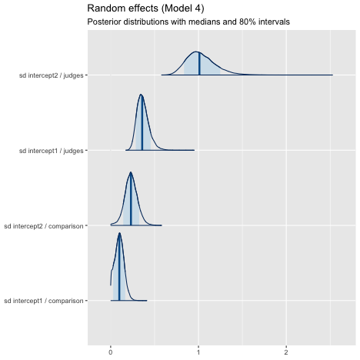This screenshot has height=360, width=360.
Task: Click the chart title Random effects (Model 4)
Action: (145, 8)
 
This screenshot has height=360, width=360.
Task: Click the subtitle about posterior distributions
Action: (188, 22)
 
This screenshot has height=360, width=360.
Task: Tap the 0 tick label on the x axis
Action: (111, 352)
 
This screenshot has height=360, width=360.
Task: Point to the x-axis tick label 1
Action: (198, 352)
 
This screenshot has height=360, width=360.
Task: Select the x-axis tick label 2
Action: (286, 352)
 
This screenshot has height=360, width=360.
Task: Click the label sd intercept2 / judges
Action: (52, 75)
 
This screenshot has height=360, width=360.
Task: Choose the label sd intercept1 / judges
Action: (52, 151)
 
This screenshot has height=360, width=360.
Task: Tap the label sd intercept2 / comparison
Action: (44, 226)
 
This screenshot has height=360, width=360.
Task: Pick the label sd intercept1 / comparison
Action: (44, 301)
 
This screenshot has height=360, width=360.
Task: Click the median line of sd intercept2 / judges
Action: (199, 64)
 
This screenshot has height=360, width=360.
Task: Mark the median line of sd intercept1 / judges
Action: (142, 122)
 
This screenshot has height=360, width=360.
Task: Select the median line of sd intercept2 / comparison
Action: (131, 199)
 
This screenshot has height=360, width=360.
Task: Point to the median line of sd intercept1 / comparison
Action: (119, 267)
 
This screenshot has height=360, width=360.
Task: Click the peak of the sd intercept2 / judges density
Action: (196, 52)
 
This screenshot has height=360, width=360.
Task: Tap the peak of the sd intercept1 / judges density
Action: (141, 95)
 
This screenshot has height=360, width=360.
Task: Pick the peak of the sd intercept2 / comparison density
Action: (131, 172)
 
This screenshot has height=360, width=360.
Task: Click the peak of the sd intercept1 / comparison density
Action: (119, 233)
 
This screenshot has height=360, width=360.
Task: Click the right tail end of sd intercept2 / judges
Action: (332, 75)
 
